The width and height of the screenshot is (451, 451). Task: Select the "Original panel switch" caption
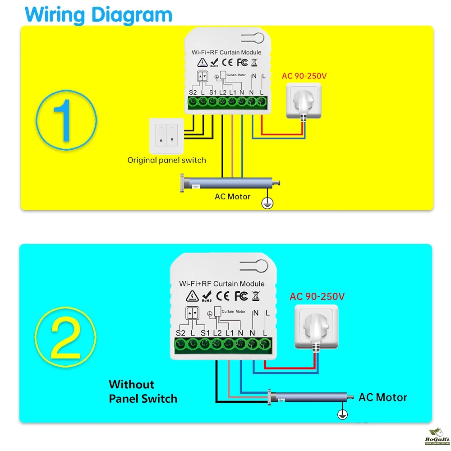[x=166, y=160]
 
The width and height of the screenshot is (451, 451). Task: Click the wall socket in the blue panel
[x=315, y=326]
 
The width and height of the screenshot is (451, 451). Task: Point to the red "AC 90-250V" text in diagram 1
[x=304, y=76]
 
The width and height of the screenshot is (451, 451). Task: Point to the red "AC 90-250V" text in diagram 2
[x=317, y=296]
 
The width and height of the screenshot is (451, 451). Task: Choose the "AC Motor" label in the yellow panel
[x=232, y=197]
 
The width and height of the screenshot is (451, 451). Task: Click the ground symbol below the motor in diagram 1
[x=269, y=204]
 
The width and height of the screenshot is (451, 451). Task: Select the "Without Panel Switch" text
[x=143, y=391]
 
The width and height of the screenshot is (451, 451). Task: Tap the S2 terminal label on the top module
[x=193, y=92]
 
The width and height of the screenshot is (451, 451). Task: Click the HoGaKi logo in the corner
[x=435, y=436]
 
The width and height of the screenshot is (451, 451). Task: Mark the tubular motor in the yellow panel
[x=230, y=183]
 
